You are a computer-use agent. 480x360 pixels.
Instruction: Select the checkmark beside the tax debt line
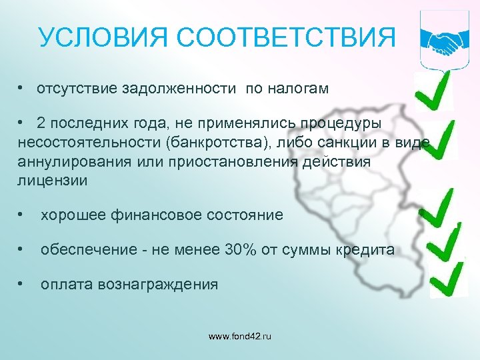pyautogui.click(x=433, y=94)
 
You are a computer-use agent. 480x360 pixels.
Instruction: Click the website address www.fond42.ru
pyautogui.click(x=240, y=337)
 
